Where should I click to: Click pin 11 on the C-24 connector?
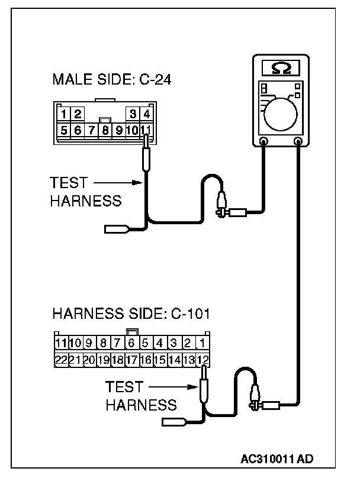146,128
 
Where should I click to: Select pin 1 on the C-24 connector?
63,113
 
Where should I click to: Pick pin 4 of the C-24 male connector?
146,113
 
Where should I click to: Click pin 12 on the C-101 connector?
202,358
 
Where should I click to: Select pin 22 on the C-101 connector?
60,358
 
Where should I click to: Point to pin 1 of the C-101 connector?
202,343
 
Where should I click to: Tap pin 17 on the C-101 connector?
131,358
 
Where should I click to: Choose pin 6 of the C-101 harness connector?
131,343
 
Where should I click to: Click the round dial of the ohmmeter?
282,112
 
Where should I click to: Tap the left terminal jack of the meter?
263,141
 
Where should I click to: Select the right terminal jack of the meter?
298,141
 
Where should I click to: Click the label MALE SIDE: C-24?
112,79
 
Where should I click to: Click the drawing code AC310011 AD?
278,458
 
